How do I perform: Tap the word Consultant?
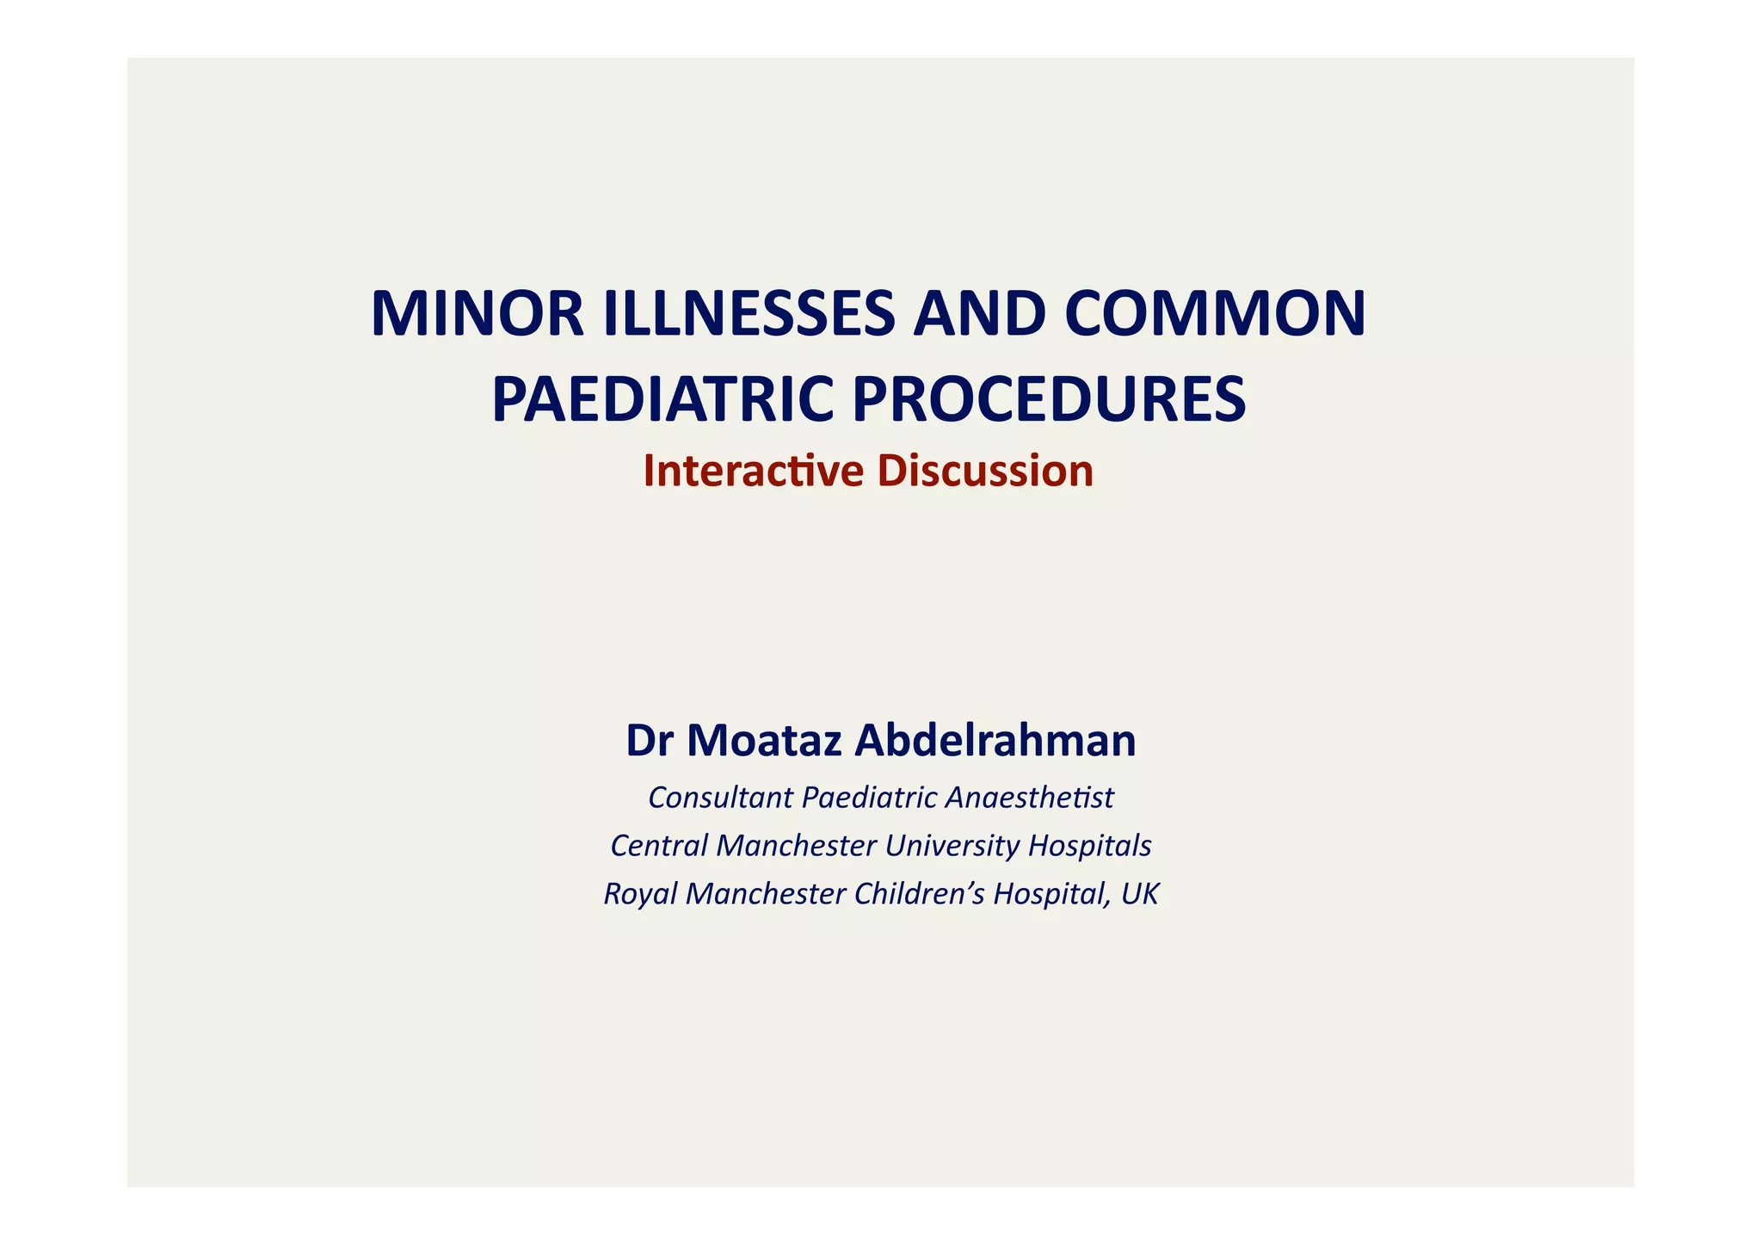click(x=720, y=798)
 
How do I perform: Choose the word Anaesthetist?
click(x=1028, y=798)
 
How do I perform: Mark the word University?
click(x=952, y=846)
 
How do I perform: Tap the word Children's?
click(x=919, y=894)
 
